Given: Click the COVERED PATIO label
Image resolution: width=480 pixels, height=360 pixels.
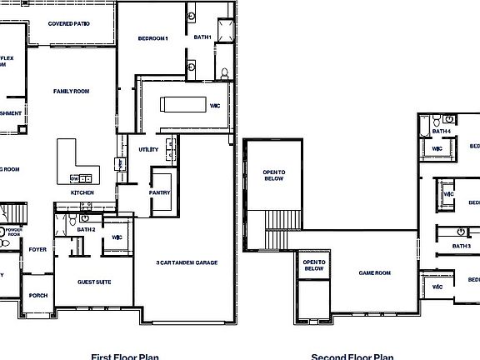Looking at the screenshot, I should (69, 24).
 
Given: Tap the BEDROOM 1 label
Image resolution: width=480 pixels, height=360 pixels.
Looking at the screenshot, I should (153, 38).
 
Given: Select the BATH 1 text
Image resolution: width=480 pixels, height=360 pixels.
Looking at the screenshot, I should (202, 37).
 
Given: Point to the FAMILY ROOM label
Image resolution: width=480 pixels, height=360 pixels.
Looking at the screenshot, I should (72, 91).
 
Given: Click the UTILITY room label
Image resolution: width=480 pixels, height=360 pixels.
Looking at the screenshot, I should (149, 150).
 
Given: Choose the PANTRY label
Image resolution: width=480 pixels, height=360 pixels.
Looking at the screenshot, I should (160, 193).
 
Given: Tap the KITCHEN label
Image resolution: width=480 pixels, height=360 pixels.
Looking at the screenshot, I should (82, 192).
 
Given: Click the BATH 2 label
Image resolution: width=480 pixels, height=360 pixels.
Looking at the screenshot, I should (87, 228).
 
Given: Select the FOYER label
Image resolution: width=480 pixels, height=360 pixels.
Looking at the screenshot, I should (37, 249).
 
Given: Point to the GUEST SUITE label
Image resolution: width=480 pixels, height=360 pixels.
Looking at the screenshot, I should (94, 282).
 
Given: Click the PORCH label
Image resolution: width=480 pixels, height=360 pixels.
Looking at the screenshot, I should (37, 295).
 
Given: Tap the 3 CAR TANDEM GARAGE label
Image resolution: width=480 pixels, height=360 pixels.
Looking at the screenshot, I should (187, 262).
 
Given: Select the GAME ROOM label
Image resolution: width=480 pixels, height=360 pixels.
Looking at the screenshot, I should (375, 272).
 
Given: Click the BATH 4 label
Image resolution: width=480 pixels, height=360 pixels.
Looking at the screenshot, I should (442, 131).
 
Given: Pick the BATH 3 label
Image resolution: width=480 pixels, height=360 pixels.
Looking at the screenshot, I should (461, 246).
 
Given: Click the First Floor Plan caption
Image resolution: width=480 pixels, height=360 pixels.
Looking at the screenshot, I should (125, 356).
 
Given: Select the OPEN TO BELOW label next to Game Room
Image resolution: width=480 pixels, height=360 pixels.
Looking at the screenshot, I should (313, 266).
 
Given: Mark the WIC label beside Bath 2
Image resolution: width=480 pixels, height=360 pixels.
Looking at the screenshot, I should (117, 237).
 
